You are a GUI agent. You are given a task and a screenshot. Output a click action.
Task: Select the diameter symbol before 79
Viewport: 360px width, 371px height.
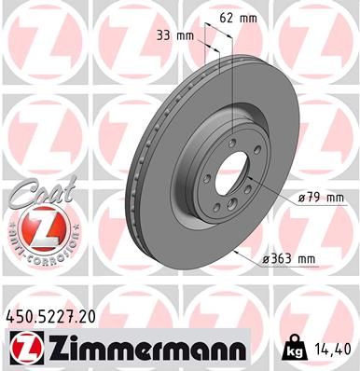point(301,198)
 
